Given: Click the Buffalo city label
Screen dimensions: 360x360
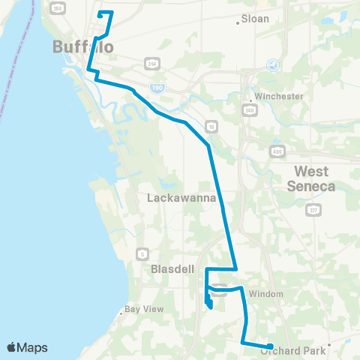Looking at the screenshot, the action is [x=83, y=47].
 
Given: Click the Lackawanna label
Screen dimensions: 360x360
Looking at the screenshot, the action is [x=181, y=199].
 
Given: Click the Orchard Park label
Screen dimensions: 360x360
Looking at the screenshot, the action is [x=286, y=351].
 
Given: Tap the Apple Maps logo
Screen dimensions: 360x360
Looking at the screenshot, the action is [x=27, y=347].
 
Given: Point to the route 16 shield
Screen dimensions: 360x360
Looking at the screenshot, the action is [x=213, y=127].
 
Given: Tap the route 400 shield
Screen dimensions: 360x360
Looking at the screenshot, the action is [x=277, y=151].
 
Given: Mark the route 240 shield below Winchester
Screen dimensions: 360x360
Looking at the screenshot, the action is [x=248, y=111].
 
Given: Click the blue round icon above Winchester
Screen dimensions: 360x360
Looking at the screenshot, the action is [x=273, y=65].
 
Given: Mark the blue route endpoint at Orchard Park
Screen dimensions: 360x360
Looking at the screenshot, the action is [x=270, y=346].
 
